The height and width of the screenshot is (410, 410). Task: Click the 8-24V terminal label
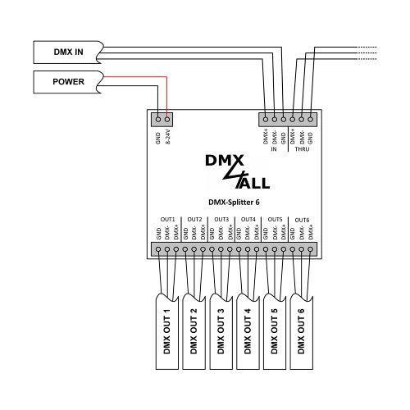pyautogui.click(x=167, y=136)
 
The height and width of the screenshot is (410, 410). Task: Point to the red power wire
pyautogui.click(x=166, y=94)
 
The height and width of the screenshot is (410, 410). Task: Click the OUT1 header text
pyautogui.click(x=168, y=220)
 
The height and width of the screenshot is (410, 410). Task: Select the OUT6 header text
pyautogui.click(x=302, y=220)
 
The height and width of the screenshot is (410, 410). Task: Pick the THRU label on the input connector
pyautogui.click(x=303, y=149)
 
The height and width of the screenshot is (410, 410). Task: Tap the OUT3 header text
pyautogui.click(x=221, y=220)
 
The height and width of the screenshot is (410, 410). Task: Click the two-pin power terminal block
pyautogui.click(x=162, y=118)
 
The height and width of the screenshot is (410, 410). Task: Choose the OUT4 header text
pyautogui.click(x=248, y=220)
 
